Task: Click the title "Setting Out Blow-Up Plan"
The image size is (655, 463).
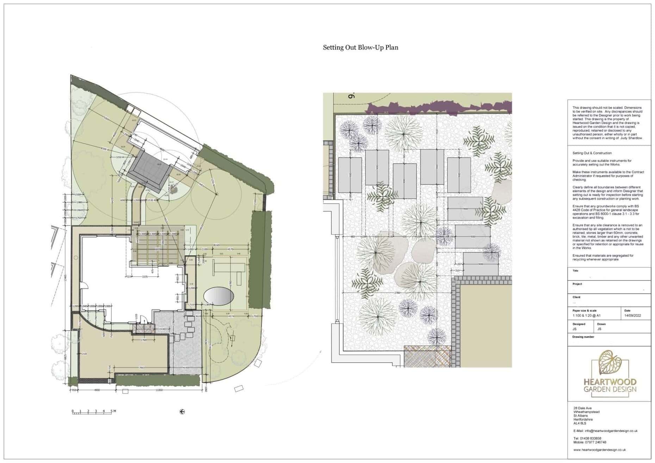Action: (x=360, y=48)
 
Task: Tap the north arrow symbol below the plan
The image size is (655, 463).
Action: (x=182, y=411)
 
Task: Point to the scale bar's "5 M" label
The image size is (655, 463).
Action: (x=113, y=411)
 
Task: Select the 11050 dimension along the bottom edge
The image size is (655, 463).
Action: (x=158, y=390)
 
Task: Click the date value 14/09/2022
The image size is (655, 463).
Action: (x=632, y=316)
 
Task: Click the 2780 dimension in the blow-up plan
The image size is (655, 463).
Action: (x=397, y=293)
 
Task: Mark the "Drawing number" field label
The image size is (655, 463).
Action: (x=583, y=337)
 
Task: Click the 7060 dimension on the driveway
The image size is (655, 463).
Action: (x=142, y=368)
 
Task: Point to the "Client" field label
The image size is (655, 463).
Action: (x=576, y=297)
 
